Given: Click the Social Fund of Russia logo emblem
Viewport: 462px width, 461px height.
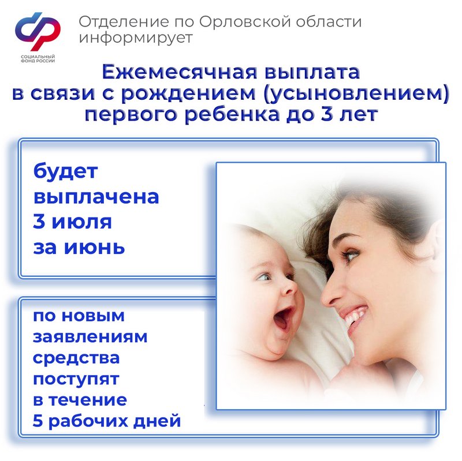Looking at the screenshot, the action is (38, 31).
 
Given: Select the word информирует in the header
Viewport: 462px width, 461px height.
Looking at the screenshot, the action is (136, 38).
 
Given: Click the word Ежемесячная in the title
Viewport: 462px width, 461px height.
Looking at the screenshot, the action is (180, 72).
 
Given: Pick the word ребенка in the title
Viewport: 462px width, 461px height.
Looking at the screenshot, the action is (232, 114).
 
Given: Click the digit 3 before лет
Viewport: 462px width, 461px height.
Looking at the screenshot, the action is (326, 114).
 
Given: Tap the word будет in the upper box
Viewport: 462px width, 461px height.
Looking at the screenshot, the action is (65, 171).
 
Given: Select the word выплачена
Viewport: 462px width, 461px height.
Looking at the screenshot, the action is (96, 197).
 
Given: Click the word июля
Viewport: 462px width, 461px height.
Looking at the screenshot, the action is (82, 222).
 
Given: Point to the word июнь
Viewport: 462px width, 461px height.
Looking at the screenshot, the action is (95, 248).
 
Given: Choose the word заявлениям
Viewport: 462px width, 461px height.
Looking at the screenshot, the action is (90, 337).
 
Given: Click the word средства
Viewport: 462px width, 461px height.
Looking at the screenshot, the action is (76, 358).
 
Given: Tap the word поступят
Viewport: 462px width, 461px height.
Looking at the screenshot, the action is (76, 379).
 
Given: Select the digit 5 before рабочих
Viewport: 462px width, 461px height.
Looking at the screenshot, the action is (38, 421).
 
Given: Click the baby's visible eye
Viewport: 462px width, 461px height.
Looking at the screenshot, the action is (264, 276).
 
